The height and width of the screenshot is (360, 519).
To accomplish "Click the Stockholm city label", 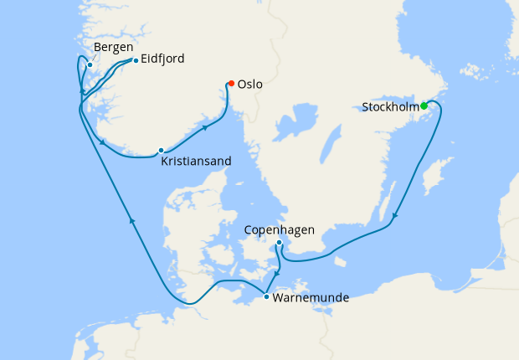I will click(x=390, y=107).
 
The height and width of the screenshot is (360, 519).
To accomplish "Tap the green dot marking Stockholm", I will click(x=424, y=105).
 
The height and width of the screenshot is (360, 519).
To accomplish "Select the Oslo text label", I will click(x=250, y=85).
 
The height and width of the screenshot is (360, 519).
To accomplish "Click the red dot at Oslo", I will click(x=231, y=83).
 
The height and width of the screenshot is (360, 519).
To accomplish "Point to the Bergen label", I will click(x=114, y=47).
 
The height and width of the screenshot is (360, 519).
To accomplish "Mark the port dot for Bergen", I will click(x=90, y=64).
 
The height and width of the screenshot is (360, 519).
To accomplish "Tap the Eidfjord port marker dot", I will click(x=136, y=60).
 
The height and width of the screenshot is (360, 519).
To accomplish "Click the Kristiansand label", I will click(x=197, y=161).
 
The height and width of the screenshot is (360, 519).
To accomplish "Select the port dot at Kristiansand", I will click(x=161, y=151).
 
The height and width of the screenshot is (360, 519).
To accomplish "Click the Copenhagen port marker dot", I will click(x=279, y=244).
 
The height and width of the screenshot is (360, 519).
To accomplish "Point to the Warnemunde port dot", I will click(x=266, y=296).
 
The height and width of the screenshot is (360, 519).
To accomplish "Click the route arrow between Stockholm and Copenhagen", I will click(x=394, y=218).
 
